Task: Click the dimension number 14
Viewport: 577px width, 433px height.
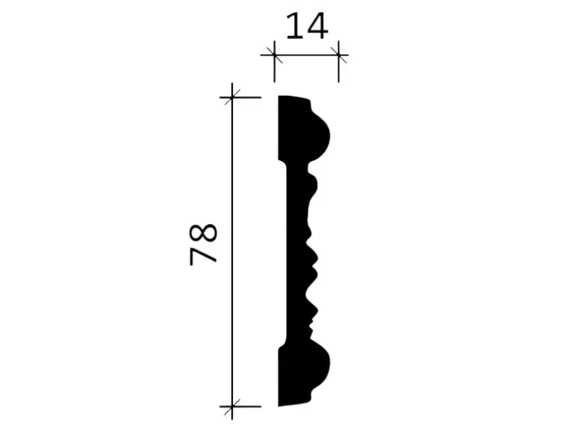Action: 306,25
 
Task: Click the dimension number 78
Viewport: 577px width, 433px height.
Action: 203,244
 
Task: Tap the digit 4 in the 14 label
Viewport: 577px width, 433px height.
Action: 317,25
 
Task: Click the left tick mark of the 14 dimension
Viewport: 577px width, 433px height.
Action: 274,55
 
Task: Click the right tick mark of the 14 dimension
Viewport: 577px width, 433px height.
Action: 339,55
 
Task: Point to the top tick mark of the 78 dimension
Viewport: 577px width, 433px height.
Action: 232,97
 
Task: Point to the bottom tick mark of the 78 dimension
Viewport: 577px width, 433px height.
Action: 232,407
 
